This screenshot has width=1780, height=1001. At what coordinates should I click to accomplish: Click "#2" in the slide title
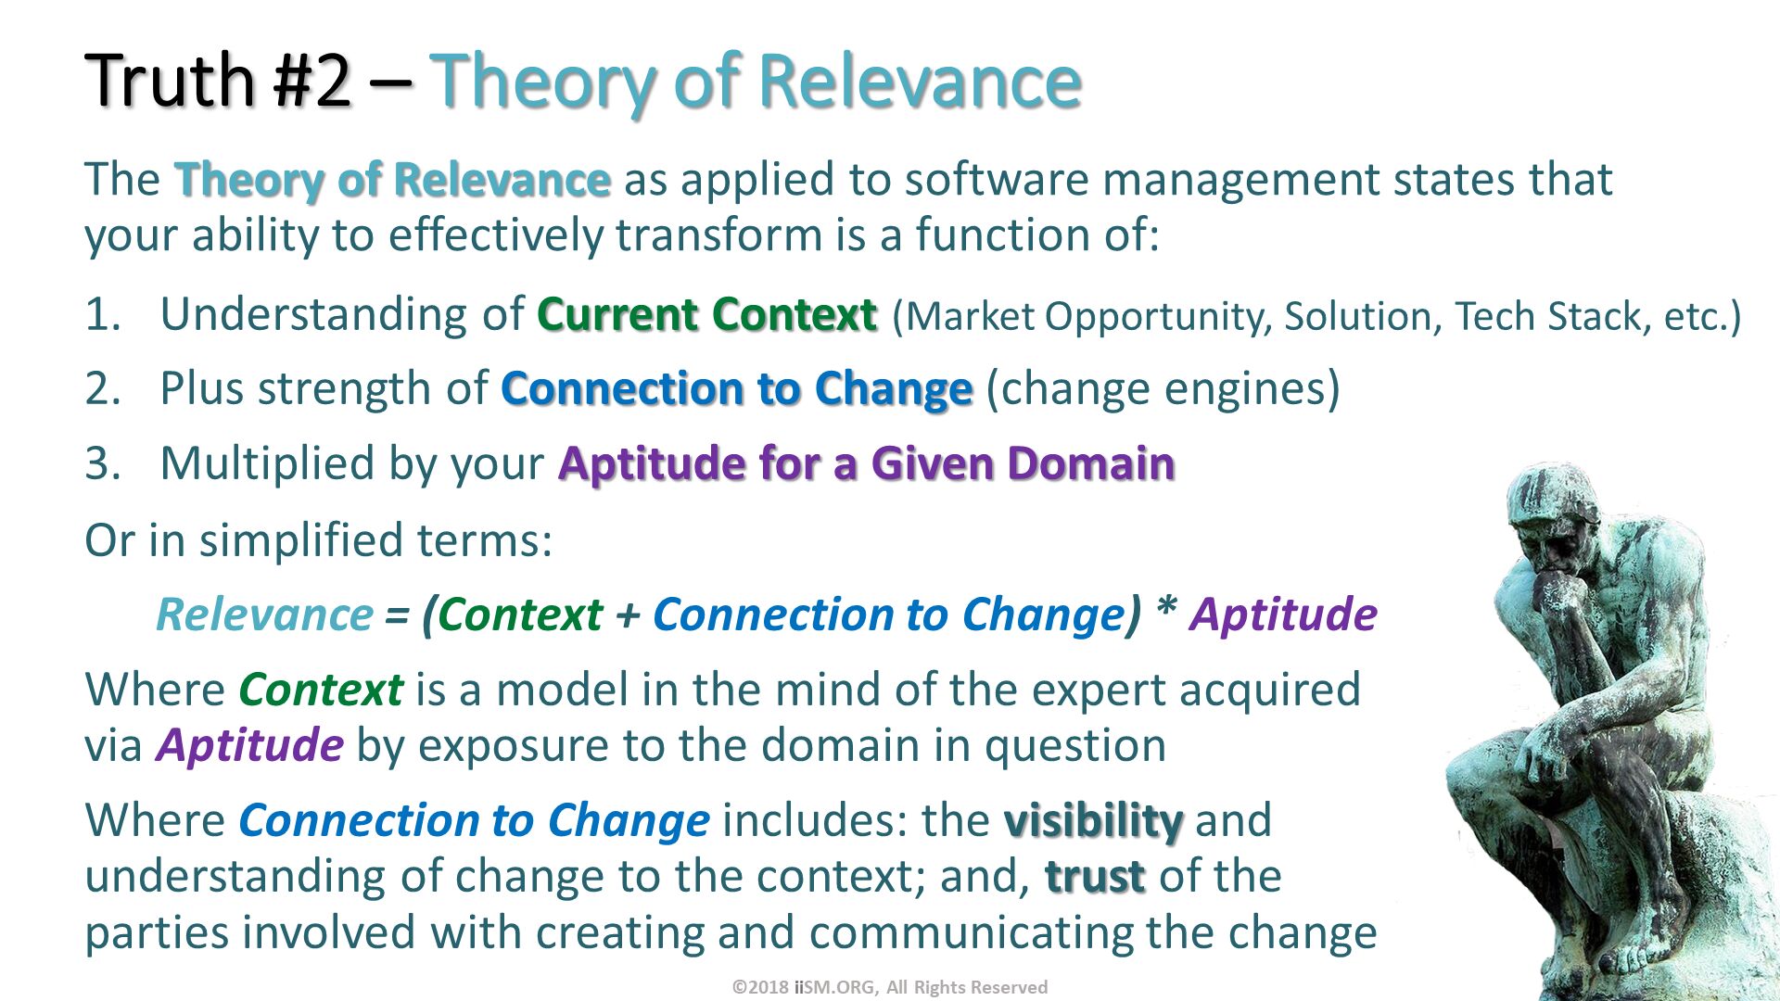click(312, 82)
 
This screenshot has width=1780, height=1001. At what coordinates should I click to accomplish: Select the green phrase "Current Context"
click(706, 314)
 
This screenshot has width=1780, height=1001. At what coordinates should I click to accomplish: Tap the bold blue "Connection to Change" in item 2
click(736, 388)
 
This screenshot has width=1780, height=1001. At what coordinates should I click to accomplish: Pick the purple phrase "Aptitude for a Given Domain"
click(866, 463)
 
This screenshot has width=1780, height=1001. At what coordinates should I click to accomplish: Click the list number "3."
click(103, 463)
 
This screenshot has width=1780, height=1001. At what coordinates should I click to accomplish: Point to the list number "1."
click(103, 314)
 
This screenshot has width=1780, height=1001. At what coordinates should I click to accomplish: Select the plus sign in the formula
click(628, 615)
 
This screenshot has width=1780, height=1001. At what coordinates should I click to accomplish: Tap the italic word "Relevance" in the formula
click(264, 615)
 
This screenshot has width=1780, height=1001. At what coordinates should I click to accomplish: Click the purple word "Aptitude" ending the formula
click(1283, 615)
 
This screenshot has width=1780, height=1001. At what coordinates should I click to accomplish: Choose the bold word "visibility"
click(1093, 821)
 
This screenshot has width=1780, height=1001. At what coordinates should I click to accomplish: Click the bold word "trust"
click(1095, 877)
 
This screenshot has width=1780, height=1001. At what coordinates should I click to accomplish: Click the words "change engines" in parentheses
click(1163, 388)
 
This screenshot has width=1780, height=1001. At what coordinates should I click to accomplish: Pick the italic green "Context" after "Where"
click(321, 690)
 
